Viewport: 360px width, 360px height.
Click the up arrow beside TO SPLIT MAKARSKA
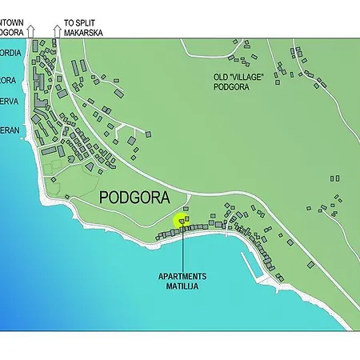click(56, 30)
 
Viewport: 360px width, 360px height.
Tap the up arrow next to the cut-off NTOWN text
click(30, 30)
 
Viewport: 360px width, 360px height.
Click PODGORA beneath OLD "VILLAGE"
click(232, 88)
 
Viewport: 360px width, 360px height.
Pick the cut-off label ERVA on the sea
click(9, 101)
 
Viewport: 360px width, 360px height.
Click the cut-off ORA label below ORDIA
click(8, 80)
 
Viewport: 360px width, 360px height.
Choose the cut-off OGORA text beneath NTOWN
click(11, 33)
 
